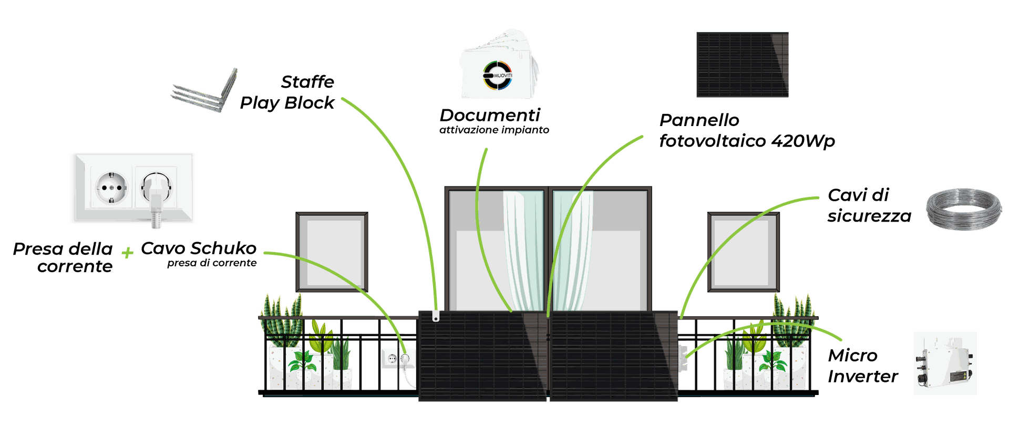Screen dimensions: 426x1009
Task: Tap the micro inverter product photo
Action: coord(945,363)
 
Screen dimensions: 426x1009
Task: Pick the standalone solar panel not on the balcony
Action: coord(742,65)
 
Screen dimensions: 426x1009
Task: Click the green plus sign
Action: coord(127,253)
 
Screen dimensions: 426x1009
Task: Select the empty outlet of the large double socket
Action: coord(112,187)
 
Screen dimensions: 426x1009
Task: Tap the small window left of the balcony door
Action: coord(332,252)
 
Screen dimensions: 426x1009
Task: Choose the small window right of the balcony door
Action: coord(743,252)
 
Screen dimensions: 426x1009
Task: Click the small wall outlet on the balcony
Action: coord(398,359)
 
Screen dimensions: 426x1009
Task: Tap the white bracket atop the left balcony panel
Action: coord(435,317)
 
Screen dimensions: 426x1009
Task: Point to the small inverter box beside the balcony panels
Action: coord(683,358)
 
